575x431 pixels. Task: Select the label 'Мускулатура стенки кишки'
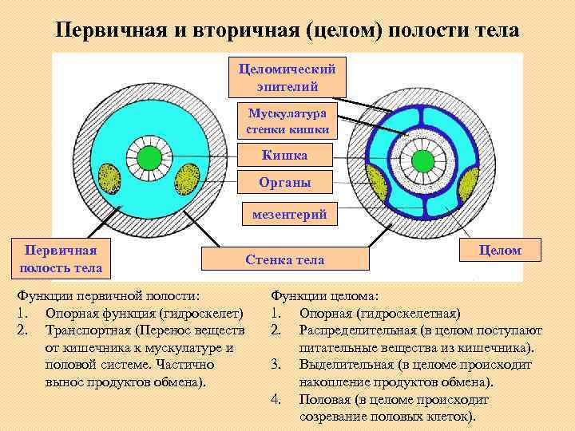click(287, 121)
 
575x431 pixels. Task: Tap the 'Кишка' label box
click(285, 154)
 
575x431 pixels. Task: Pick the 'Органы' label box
click(285, 183)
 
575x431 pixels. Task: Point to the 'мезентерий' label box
click(287, 215)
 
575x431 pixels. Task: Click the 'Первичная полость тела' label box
click(57, 259)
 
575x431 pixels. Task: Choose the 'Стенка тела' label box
click(285, 260)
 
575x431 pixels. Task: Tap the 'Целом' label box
click(500, 250)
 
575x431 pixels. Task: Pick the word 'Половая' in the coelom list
click(323, 400)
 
